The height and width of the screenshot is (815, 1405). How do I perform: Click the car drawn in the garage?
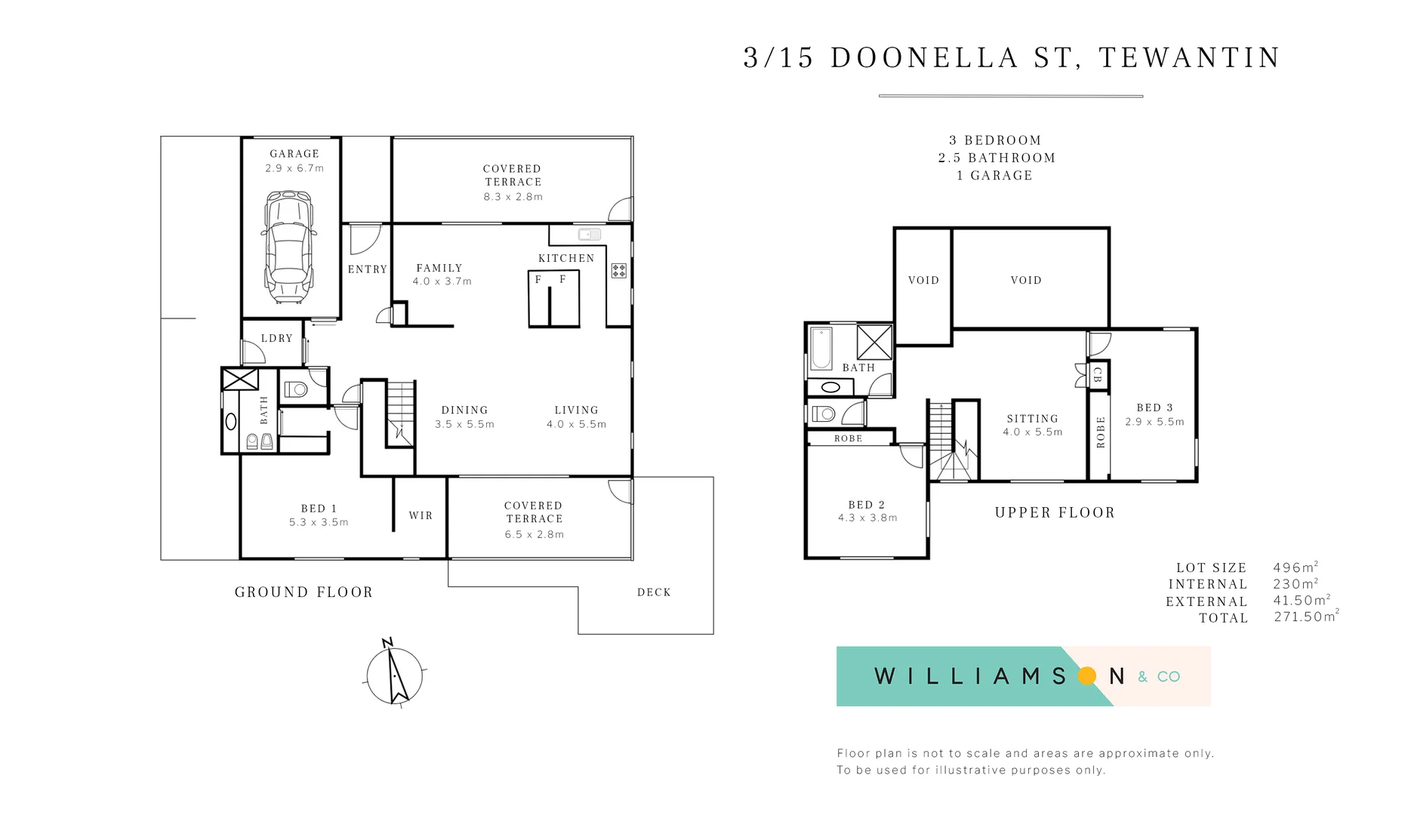coord(288,247)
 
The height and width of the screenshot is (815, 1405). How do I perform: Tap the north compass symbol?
coord(394,674)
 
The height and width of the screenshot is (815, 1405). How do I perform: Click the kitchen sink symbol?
coord(589,235)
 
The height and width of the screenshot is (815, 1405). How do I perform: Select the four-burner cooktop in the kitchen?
coord(619,270)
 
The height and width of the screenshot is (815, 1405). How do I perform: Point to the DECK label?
coord(654,592)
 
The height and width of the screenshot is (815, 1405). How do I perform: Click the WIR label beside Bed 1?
coord(421,515)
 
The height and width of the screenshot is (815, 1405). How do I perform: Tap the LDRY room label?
coord(276,338)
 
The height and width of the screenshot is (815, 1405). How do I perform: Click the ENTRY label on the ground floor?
coord(367,269)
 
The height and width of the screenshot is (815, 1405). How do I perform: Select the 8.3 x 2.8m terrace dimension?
coord(513,196)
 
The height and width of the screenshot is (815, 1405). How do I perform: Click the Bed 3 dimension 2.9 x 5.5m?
coord(1154,422)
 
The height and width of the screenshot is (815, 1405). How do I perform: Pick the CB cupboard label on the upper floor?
coord(1098,374)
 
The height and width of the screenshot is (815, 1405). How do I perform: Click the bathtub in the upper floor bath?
coord(821,349)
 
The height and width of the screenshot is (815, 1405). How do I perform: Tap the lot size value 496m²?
coord(1295,567)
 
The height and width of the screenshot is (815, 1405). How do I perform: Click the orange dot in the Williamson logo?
coord(1087,675)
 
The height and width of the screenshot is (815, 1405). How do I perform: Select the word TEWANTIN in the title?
coord(1189,57)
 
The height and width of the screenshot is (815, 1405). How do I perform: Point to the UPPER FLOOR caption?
coord(1055,512)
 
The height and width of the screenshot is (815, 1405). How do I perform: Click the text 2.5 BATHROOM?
coord(997,158)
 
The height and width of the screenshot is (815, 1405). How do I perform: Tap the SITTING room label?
coord(1032,418)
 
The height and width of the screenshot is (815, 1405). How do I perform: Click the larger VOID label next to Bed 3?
coord(1026,280)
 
